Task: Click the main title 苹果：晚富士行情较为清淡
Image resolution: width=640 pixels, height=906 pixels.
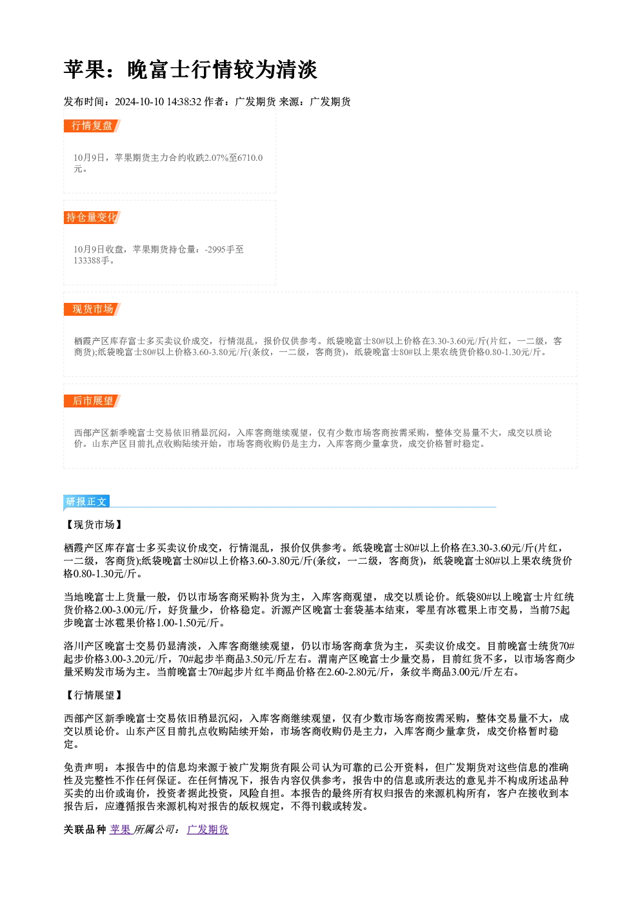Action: pos(190,70)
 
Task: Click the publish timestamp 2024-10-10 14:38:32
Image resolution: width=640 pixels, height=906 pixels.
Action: pos(158,101)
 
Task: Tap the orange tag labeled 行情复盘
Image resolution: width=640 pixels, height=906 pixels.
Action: pos(92,126)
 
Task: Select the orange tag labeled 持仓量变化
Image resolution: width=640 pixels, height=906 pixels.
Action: pos(92,218)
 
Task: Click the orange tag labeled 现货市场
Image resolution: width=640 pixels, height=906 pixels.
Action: pos(92,309)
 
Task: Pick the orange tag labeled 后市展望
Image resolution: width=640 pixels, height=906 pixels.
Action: pos(92,401)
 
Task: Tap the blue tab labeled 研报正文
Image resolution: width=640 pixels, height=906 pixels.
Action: pos(86,502)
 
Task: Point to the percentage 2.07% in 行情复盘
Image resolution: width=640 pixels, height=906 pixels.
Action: pos(216,158)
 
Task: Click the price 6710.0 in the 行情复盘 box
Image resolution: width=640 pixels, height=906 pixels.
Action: pos(250,158)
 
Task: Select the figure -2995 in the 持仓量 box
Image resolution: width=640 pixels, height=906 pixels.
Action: pos(215,249)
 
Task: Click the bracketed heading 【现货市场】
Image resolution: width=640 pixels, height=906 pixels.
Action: pos(94,525)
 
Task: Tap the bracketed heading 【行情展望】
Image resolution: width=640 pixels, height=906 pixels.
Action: pos(94,695)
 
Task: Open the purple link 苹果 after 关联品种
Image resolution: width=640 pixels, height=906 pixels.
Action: pos(120,830)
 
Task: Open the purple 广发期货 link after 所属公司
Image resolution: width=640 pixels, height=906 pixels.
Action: pos(208,830)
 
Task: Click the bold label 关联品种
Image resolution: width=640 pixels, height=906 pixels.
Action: pos(85,830)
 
